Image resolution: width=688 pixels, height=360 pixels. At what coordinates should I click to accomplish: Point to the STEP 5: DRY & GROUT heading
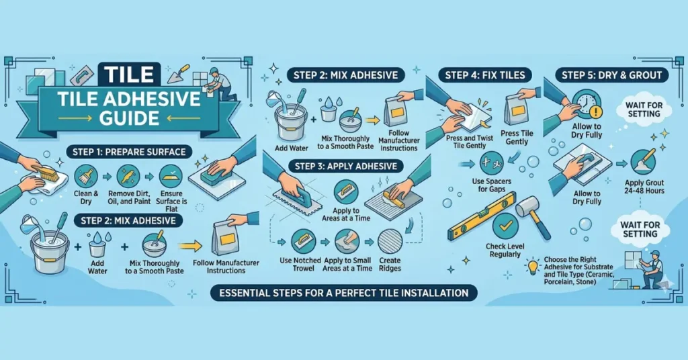click(610, 75)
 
